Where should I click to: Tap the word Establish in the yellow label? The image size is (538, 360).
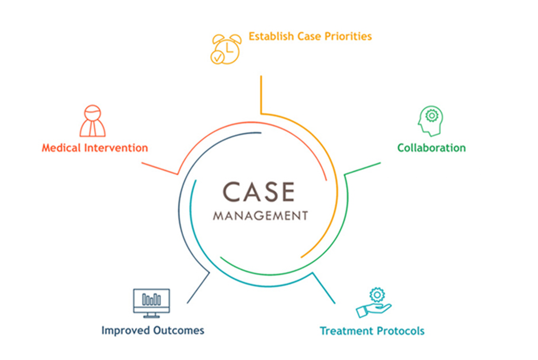pyautogui.click(x=270, y=36)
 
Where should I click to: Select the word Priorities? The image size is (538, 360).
pyautogui.click(x=350, y=36)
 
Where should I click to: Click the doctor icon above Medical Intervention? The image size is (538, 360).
pyautogui.click(x=92, y=122)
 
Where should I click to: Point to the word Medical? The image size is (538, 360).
pyautogui.click(x=62, y=148)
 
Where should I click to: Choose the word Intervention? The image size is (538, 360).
pyautogui.click(x=117, y=148)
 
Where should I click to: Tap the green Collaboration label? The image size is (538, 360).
pyautogui.click(x=431, y=148)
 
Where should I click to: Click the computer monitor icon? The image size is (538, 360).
pyautogui.click(x=151, y=303)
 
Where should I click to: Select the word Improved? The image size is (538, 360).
pyautogui.click(x=124, y=331)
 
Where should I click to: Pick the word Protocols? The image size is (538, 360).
pyautogui.click(x=400, y=331)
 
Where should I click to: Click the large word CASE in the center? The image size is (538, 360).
pyautogui.click(x=259, y=192)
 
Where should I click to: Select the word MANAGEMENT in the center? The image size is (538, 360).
pyautogui.click(x=260, y=216)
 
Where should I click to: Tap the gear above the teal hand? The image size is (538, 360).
pyautogui.click(x=377, y=294)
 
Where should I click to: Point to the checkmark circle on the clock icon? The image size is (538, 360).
pyautogui.click(x=217, y=57)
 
